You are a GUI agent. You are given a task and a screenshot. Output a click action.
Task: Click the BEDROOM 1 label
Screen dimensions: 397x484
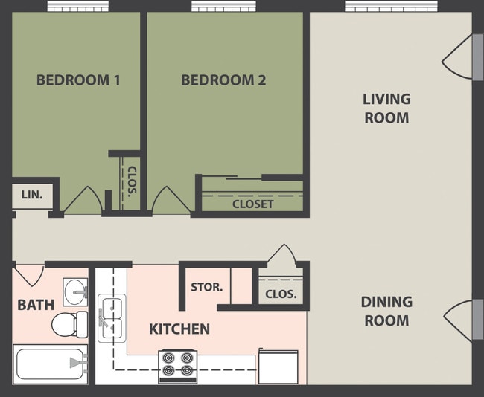pos(78,80)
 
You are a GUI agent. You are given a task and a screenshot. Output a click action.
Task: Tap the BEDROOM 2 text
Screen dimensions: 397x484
pos(223,80)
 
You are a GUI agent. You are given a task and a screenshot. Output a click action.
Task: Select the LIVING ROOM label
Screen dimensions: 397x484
pos(386,108)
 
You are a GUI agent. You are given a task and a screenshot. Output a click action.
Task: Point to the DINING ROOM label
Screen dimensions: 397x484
pos(386,312)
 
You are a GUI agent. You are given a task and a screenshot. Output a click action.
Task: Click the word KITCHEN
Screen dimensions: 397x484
pos(179,329)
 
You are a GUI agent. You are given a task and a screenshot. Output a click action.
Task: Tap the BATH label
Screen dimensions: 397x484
pos(36,304)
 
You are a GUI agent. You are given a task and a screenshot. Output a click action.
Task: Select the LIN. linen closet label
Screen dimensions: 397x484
pos(31,195)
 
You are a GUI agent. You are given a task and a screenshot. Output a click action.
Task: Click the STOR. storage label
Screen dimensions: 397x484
pos(206,287)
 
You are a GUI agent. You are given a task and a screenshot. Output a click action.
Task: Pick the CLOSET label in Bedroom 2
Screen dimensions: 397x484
pos(252,204)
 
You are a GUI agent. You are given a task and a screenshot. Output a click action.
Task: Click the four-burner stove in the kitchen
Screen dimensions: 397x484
pos(177,366)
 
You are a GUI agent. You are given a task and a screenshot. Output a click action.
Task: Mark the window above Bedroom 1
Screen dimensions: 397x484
pos(78,6)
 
